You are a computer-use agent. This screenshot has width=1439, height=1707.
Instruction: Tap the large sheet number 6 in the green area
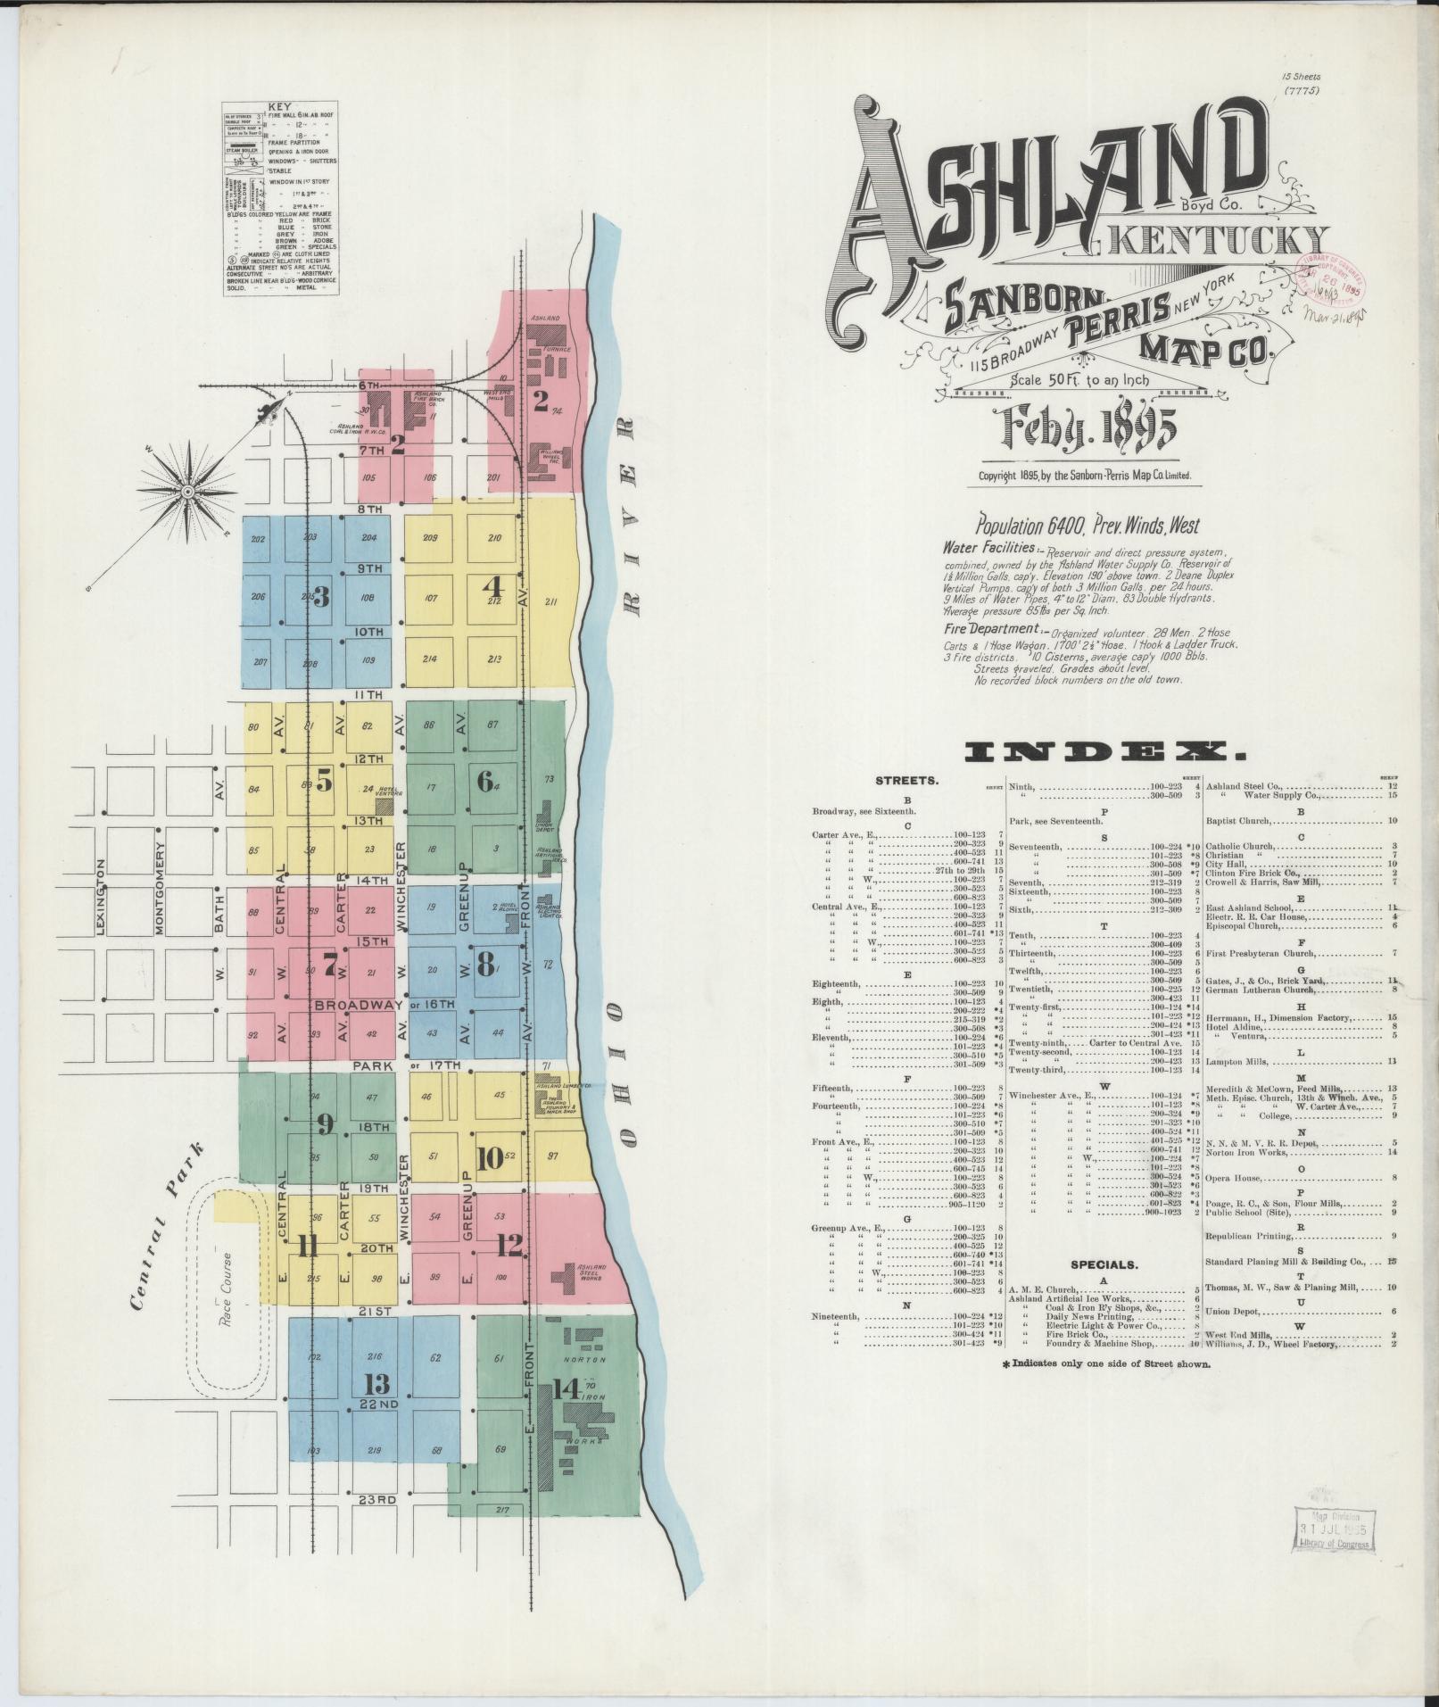click(484, 782)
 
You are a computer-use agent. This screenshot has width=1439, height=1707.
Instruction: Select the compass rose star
click(188, 490)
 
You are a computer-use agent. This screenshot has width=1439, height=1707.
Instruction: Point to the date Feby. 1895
click(1089, 429)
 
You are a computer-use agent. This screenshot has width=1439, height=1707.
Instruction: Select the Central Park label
click(167, 1226)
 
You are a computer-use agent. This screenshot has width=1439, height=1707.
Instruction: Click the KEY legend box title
click(279, 105)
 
